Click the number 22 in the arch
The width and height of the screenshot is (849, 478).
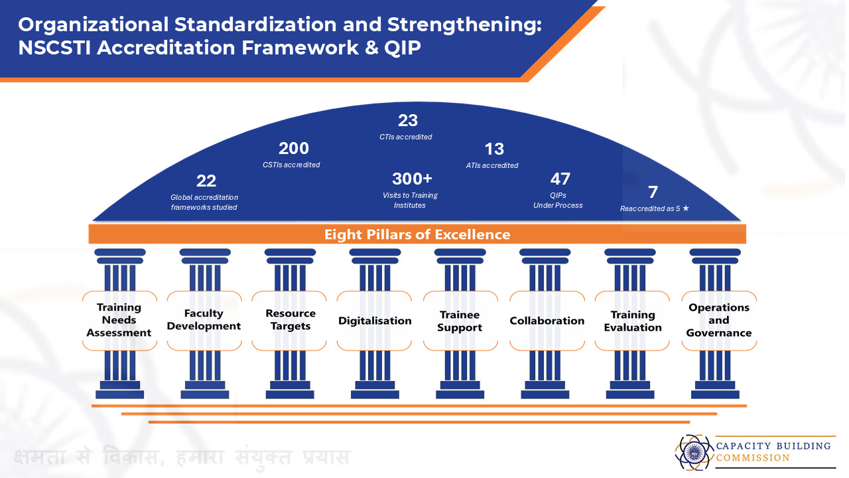pyautogui.click(x=206, y=181)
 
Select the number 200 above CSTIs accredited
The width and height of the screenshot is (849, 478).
pyautogui.click(x=293, y=149)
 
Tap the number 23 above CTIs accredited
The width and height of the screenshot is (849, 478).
pyautogui.click(x=408, y=121)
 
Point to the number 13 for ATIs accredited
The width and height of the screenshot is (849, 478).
pyautogui.click(x=494, y=149)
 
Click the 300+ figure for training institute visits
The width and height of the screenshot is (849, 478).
pyautogui.click(x=412, y=179)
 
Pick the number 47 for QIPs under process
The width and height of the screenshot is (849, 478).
pyautogui.click(x=560, y=179)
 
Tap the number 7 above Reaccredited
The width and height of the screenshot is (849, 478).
pyautogui.click(x=653, y=193)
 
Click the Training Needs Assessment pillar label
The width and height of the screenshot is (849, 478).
pyautogui.click(x=119, y=320)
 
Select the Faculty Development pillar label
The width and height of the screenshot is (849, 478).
pyautogui.click(x=204, y=320)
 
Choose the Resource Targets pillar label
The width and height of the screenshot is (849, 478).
pyautogui.click(x=290, y=320)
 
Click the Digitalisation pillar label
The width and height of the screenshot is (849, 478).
pyautogui.click(x=375, y=321)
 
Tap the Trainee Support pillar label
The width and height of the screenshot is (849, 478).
pyautogui.click(x=460, y=321)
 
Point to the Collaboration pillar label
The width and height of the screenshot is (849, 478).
pyautogui.click(x=547, y=321)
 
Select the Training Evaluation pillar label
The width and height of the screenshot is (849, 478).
pyautogui.click(x=632, y=321)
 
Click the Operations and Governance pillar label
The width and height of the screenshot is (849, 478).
pyautogui.click(x=718, y=320)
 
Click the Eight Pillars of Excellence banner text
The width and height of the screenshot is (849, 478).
pyautogui.click(x=417, y=234)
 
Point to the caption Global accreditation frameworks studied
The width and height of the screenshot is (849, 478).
pyautogui.click(x=204, y=202)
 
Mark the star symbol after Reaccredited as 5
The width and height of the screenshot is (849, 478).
pyautogui.click(x=686, y=208)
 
